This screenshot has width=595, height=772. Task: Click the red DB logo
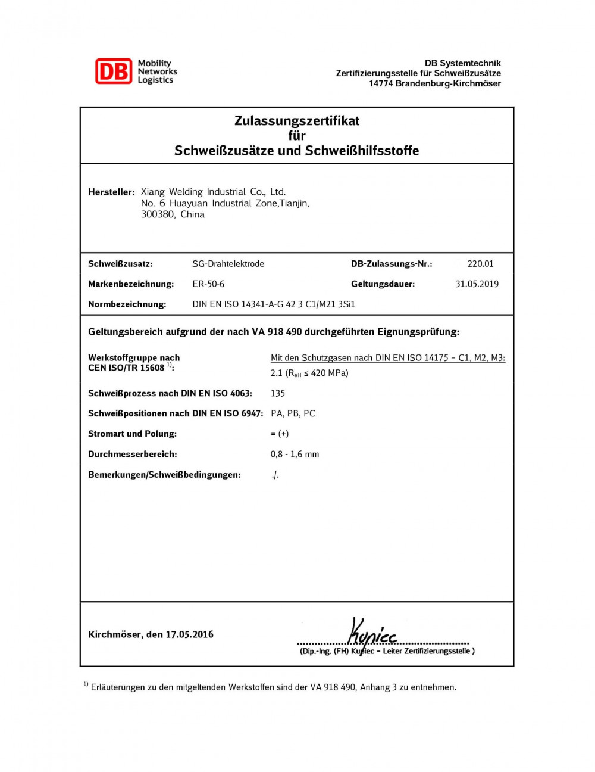[113, 71]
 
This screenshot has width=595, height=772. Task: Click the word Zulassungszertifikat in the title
[297, 121]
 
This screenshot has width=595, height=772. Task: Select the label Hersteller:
[111, 192]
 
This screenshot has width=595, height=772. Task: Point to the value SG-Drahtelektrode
[228, 264]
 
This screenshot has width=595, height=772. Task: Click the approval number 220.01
[480, 264]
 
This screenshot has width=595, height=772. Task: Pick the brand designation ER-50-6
[208, 284]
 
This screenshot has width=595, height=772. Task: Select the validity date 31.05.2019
[477, 284]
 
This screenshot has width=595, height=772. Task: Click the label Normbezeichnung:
[127, 304]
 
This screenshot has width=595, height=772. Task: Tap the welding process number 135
[278, 393]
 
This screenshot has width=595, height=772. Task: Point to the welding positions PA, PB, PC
[293, 413]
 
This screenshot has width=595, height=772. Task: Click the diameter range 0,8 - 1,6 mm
[295, 454]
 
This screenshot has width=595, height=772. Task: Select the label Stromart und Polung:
[132, 434]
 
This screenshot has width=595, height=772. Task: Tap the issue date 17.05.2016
[189, 634]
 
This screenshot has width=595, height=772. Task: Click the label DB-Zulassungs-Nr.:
[392, 264]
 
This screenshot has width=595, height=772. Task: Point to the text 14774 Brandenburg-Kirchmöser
[434, 83]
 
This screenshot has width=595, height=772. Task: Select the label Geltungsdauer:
[383, 284]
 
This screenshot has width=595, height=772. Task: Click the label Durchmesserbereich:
[132, 454]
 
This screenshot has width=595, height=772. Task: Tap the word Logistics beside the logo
[155, 80]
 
